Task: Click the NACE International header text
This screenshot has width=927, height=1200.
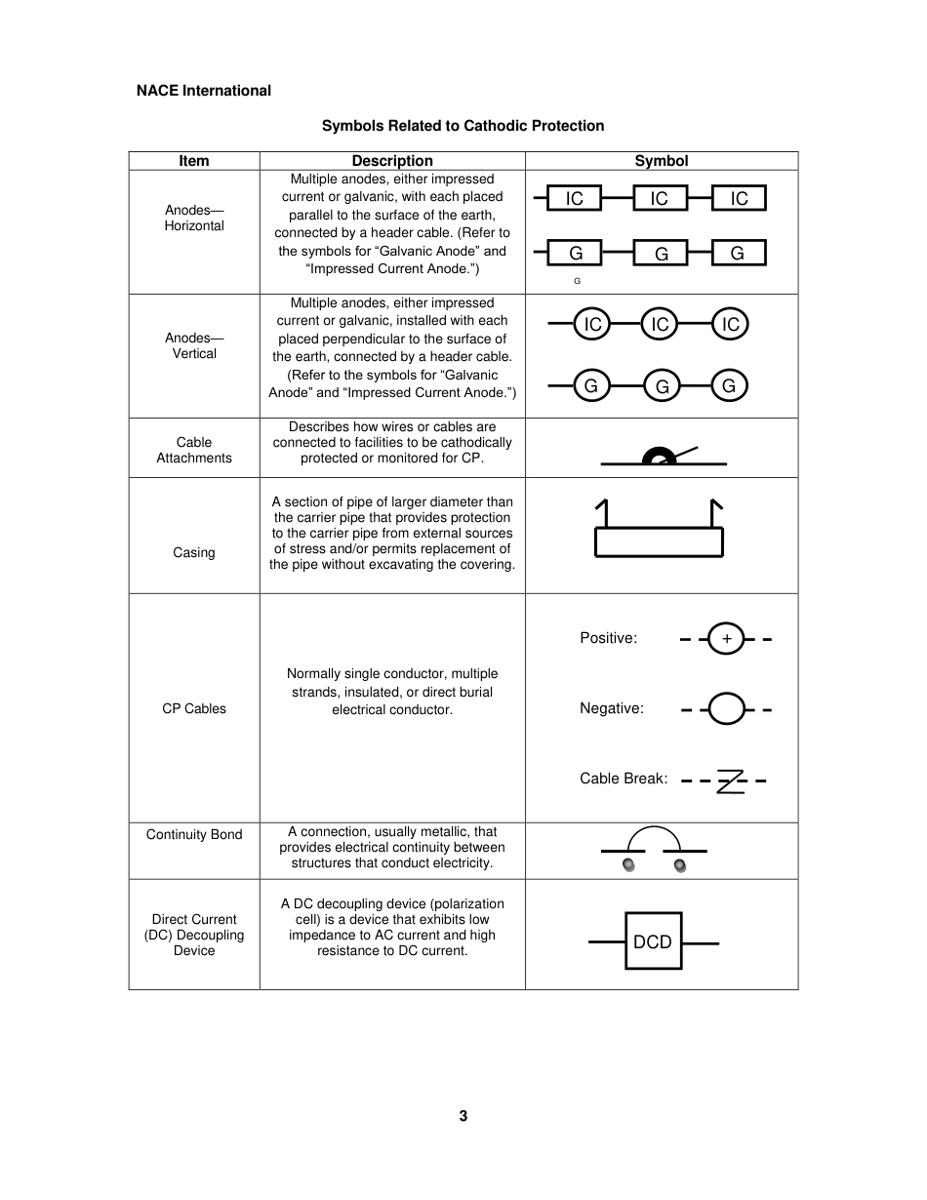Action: click(x=203, y=91)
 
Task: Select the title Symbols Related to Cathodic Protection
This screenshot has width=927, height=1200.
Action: click(x=463, y=126)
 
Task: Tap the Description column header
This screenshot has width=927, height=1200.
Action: click(x=391, y=161)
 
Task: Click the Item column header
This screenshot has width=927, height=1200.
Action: click(x=194, y=161)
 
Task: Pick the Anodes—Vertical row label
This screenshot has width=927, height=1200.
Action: click(x=194, y=346)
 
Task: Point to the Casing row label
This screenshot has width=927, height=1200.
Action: click(x=194, y=553)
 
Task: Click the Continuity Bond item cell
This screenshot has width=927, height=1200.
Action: click(x=194, y=835)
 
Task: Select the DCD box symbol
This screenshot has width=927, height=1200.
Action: click(x=653, y=941)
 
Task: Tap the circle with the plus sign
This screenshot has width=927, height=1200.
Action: click(x=726, y=639)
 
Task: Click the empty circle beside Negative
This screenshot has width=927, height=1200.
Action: click(x=726, y=709)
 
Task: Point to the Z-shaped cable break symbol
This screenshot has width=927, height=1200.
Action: click(x=730, y=780)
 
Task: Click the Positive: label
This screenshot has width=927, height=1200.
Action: click(x=608, y=639)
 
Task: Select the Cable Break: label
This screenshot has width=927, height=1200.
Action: click(x=624, y=779)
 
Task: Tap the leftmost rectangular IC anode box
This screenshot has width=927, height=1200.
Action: click(x=574, y=199)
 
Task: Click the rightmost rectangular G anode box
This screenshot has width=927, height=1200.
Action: click(x=738, y=254)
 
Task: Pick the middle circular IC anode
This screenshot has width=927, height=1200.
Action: click(x=660, y=324)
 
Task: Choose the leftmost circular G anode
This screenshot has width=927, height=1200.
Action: click(x=590, y=386)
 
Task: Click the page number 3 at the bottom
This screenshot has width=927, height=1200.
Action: click(x=463, y=1116)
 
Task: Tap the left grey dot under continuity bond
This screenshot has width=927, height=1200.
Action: click(x=628, y=865)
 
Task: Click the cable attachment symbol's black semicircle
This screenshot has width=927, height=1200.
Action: click(x=659, y=455)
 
